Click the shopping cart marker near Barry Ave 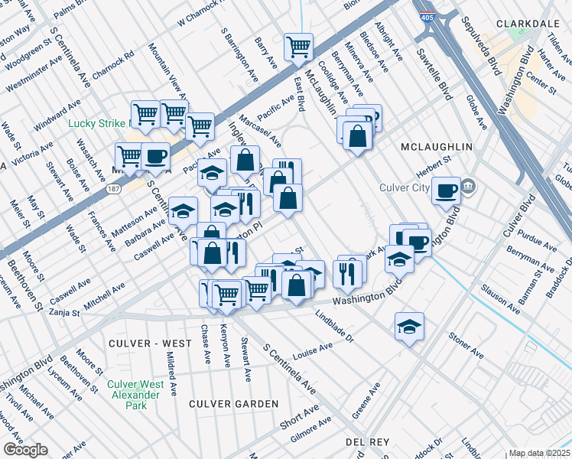[x=299, y=46]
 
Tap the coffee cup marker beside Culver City [x=446, y=191]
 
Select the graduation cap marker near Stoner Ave [x=410, y=327]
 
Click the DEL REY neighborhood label [x=368, y=442]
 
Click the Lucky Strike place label [x=98, y=123]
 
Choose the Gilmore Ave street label [x=310, y=430]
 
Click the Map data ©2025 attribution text [x=540, y=453]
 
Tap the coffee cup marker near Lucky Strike [x=155, y=156]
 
